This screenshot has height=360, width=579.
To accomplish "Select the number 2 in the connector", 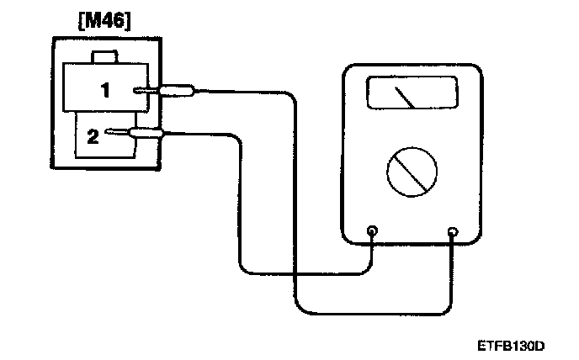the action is point(93,135).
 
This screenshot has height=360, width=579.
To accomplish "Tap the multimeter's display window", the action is point(412,93).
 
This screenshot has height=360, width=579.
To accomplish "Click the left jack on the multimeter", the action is point(372,230).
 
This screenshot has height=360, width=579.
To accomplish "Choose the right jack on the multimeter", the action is point(454,231).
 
